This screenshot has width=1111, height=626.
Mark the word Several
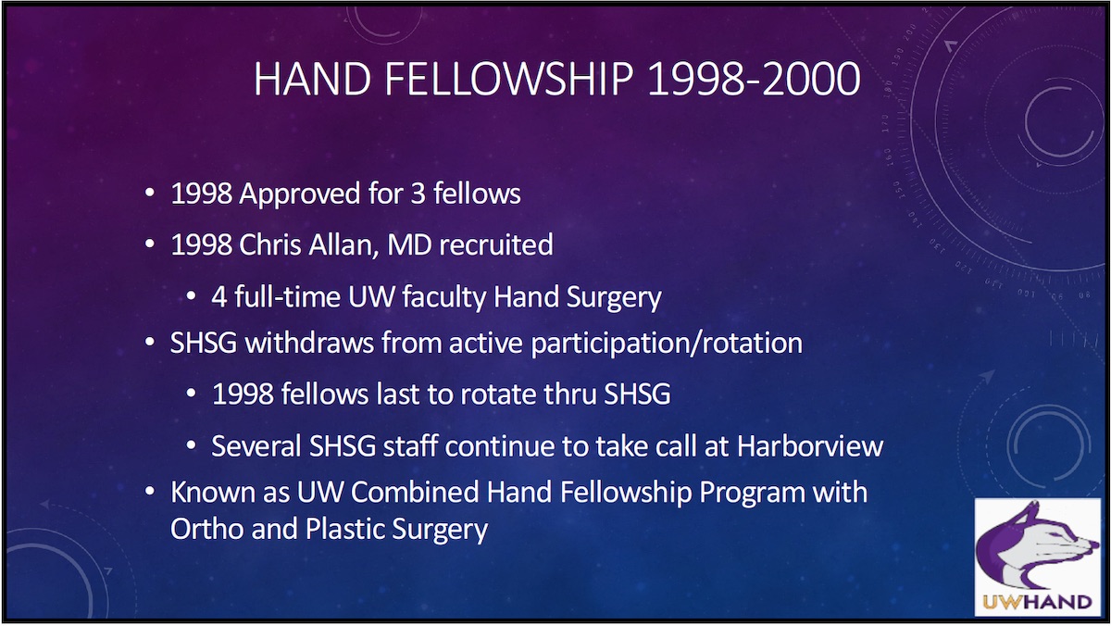(255, 445)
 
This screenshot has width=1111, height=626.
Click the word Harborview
(810, 445)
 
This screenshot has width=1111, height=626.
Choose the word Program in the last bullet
(747, 492)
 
